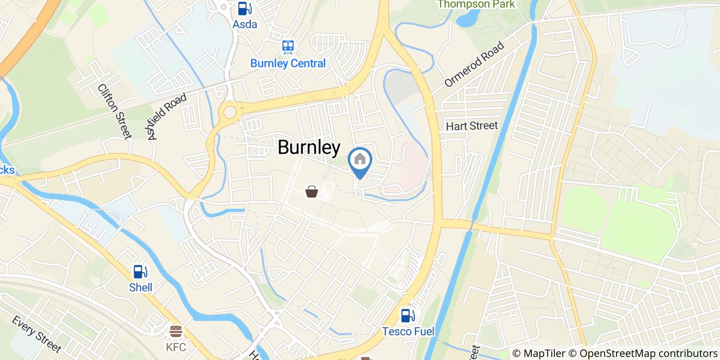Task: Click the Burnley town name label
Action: [x=309, y=148]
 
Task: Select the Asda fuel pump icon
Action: [x=245, y=8]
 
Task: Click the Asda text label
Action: [x=245, y=24]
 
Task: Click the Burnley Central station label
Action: [x=288, y=63]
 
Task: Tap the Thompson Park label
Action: [x=476, y=5]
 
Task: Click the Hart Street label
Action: [x=472, y=125]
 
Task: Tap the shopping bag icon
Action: [x=312, y=192]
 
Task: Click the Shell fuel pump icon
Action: [x=140, y=271]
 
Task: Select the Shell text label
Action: [x=140, y=287]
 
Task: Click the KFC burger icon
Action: [x=176, y=331]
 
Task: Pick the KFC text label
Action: [x=176, y=347]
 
